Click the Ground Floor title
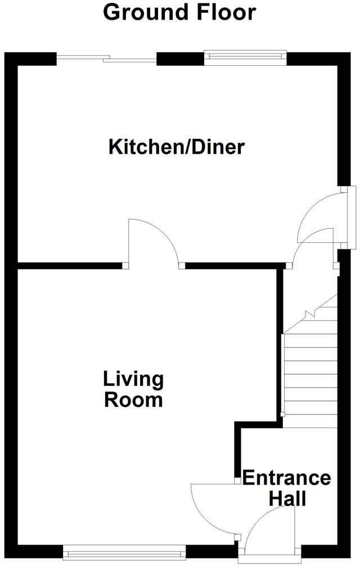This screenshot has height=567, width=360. (179, 12)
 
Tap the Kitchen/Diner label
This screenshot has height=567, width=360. (177, 147)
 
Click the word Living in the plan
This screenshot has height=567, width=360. (133, 379)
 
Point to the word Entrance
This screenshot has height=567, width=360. (286, 478)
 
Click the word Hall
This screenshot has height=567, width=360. (287, 498)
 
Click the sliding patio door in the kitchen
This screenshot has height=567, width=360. (106, 58)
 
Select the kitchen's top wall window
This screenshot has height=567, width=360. (245, 56)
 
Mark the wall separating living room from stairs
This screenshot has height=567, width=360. (279, 343)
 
